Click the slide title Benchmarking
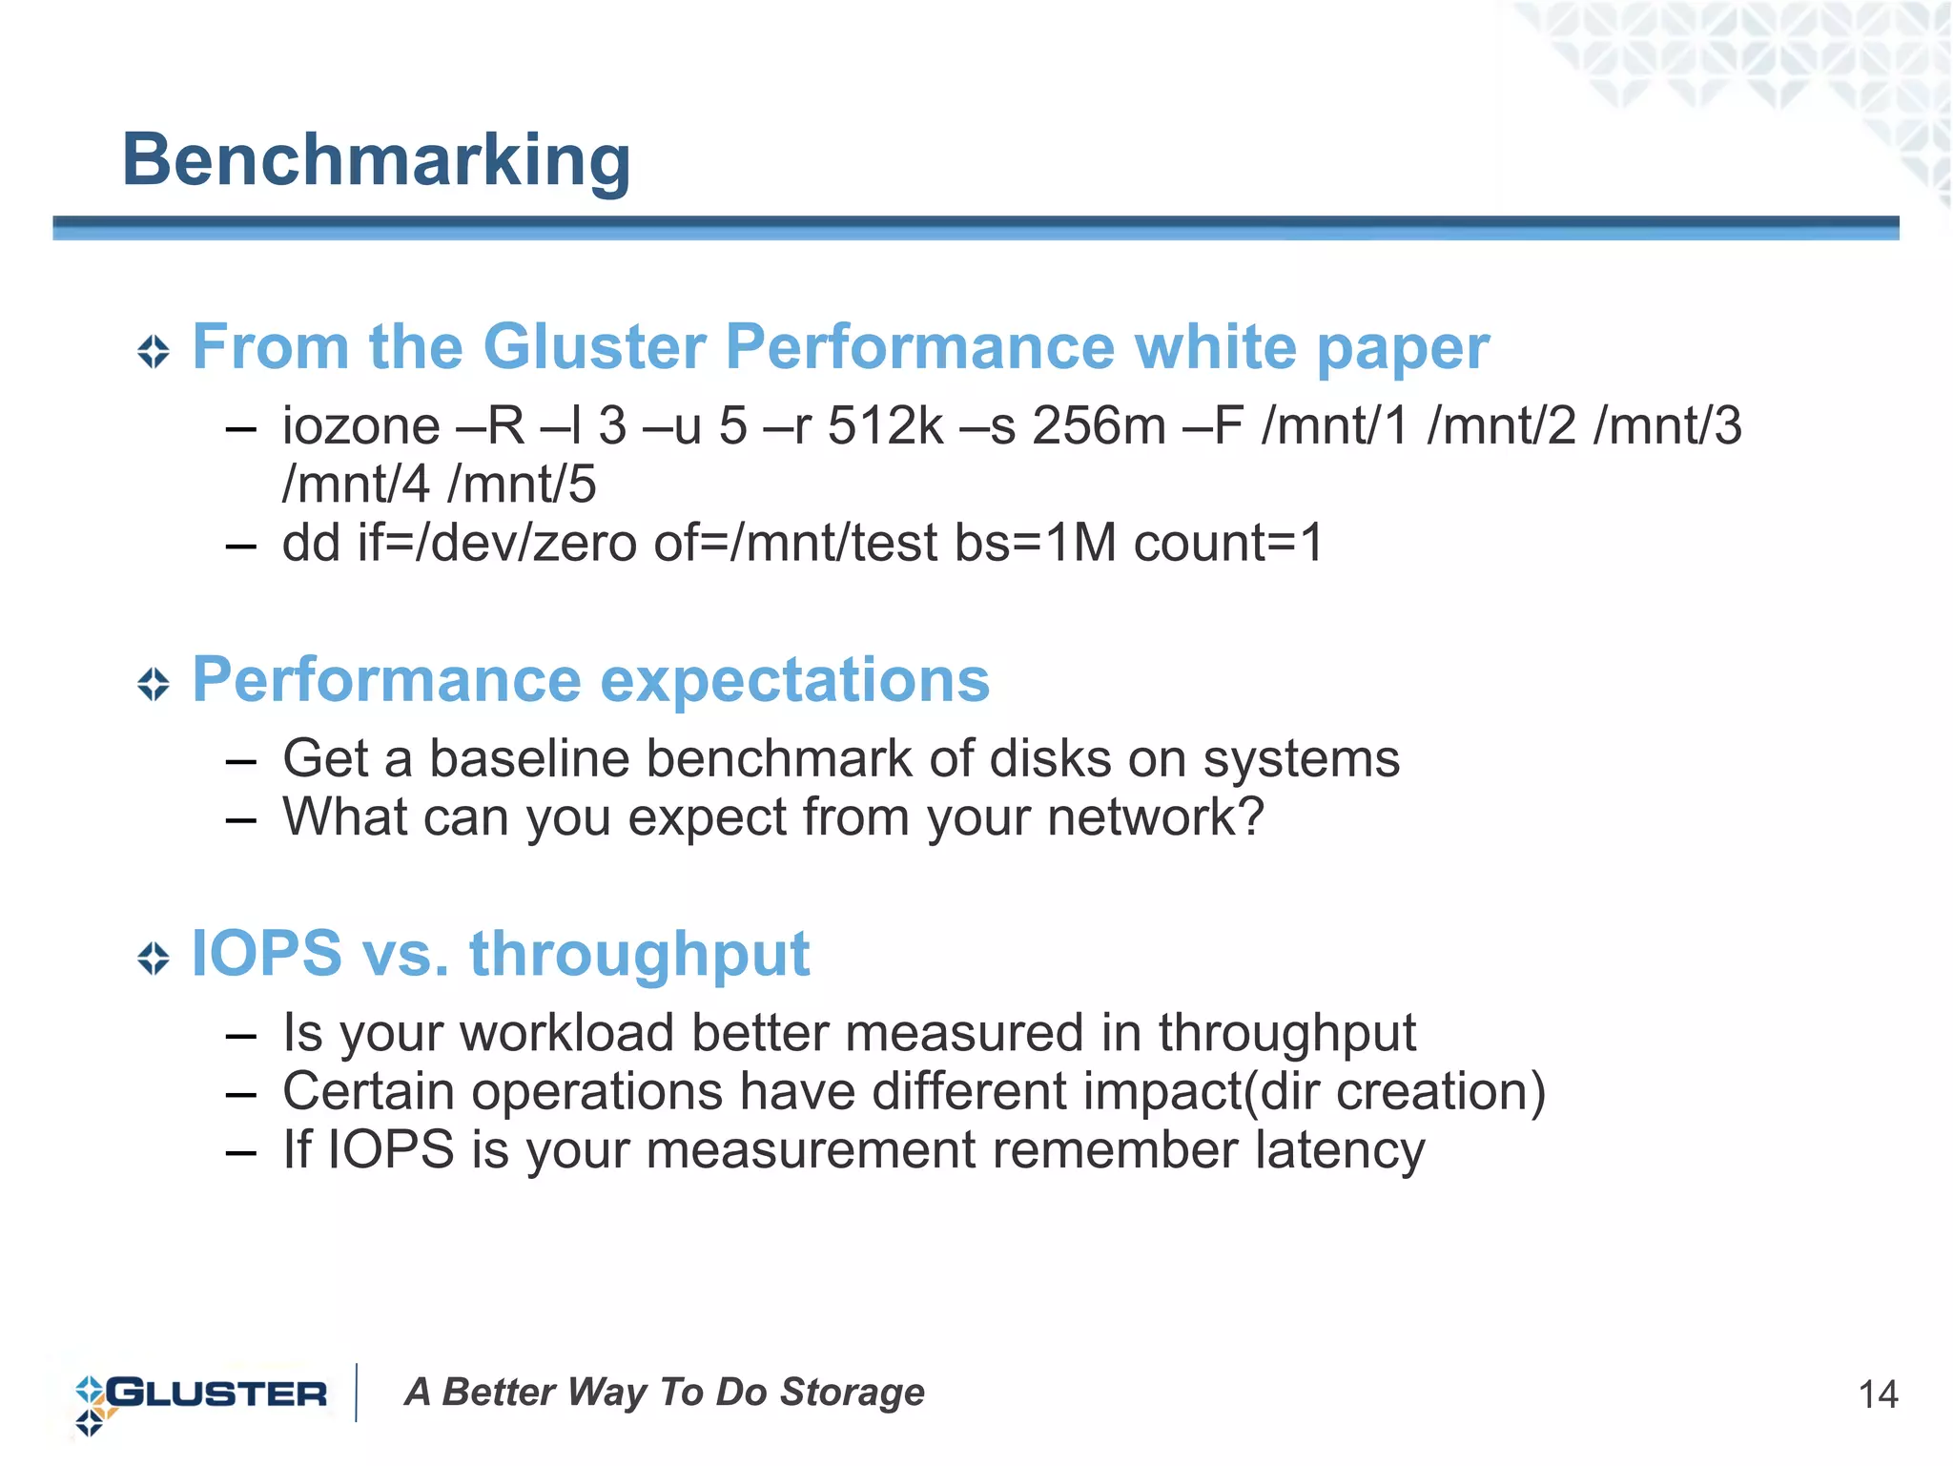tap(376, 160)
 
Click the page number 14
tap(1878, 1395)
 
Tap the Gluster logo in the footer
tap(201, 1394)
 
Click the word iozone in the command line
tap(360, 426)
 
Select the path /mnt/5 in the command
tap(522, 485)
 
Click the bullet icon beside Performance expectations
tap(153, 684)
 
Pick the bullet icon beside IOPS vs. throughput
tap(153, 958)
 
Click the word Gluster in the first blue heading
tap(594, 346)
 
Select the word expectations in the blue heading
tap(795, 681)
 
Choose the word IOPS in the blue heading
tap(266, 954)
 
